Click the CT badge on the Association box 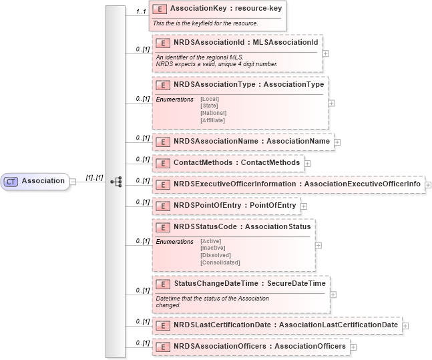[x=11, y=181]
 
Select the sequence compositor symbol [x=115, y=181]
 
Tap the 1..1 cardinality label [x=140, y=11]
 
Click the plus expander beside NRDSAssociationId [x=325, y=53]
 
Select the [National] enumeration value [x=213, y=113]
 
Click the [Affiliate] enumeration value [x=213, y=120]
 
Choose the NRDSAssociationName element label [x=251, y=142]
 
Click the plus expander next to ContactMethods [x=307, y=162]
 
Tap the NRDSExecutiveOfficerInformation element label [x=297, y=183]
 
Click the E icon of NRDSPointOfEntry [x=160, y=204]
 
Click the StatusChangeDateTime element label [x=250, y=284]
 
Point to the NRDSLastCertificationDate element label [x=285, y=325]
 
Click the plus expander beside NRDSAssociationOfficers [x=353, y=347]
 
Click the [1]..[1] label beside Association [x=94, y=177]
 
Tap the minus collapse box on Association [x=73, y=181]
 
